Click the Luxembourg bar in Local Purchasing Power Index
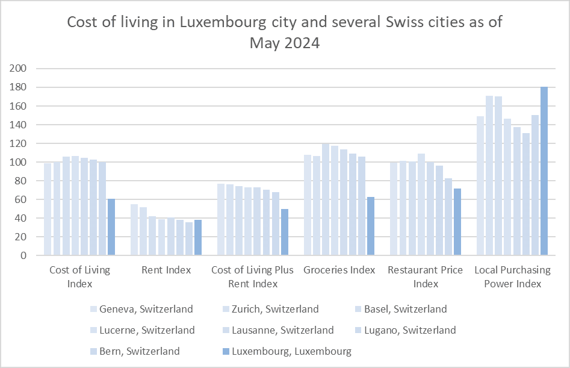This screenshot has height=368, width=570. (544, 172)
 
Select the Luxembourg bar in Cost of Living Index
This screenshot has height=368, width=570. (111, 227)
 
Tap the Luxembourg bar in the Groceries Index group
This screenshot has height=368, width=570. (371, 226)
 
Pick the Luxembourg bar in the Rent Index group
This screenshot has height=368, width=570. (198, 238)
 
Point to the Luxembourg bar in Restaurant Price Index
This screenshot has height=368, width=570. (457, 222)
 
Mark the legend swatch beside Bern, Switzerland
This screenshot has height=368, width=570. (93, 351)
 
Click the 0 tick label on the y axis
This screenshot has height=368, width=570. (24, 255)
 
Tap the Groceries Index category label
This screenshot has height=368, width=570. (339, 270)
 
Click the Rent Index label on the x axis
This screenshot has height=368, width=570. (166, 270)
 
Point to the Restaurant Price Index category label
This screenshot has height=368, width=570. (426, 276)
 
